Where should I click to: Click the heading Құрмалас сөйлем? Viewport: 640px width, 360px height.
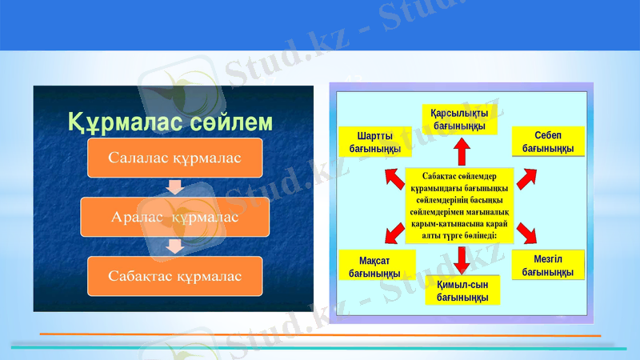pyautogui.click(x=170, y=122)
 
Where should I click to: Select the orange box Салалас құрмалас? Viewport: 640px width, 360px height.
pyautogui.click(x=174, y=158)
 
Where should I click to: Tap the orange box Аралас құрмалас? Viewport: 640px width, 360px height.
pyautogui.click(x=175, y=216)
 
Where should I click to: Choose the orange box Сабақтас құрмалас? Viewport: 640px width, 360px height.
pyautogui.click(x=175, y=274)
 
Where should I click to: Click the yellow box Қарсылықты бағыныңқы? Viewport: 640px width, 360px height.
pyautogui.click(x=460, y=119)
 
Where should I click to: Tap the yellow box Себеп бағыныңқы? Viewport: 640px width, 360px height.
pyautogui.click(x=547, y=141)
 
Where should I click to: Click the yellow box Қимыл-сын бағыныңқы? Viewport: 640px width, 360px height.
pyautogui.click(x=462, y=290)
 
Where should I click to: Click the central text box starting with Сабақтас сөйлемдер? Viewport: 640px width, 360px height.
pyautogui.click(x=460, y=204)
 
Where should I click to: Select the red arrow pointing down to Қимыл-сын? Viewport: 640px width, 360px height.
pyautogui.click(x=462, y=258)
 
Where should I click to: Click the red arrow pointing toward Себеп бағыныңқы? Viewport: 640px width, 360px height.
pyautogui.click(x=526, y=178)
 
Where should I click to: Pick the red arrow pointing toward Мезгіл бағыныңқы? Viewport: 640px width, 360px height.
pyautogui.click(x=526, y=233)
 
